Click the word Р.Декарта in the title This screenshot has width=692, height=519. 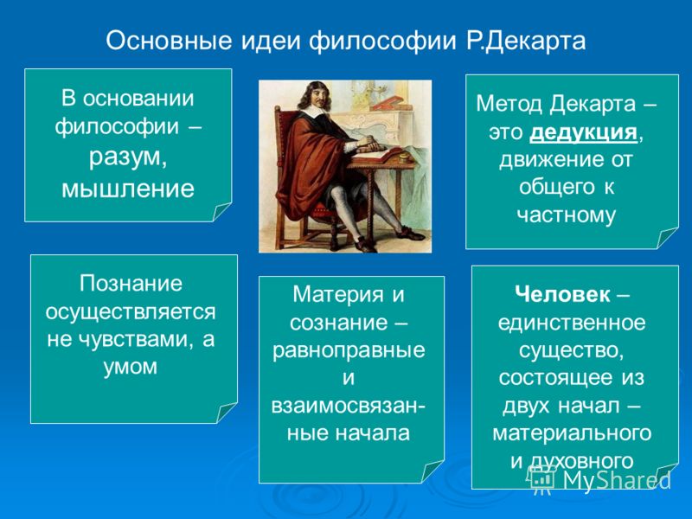[x=526, y=42]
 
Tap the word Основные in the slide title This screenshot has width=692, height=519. [x=169, y=41]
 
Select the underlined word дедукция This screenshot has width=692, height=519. [x=583, y=132]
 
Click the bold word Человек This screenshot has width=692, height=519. [x=562, y=294]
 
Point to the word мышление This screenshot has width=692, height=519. [x=128, y=189]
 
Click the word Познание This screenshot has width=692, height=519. [x=131, y=284]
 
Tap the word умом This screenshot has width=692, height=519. [x=131, y=366]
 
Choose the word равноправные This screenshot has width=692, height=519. [x=349, y=351]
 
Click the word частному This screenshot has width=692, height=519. [x=567, y=215]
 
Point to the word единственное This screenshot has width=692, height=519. [x=572, y=323]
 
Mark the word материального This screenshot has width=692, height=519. [x=572, y=433]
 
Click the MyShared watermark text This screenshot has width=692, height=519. [x=617, y=480]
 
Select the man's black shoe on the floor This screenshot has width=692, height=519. [x=410, y=234]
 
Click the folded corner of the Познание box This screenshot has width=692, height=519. [x=226, y=413]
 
